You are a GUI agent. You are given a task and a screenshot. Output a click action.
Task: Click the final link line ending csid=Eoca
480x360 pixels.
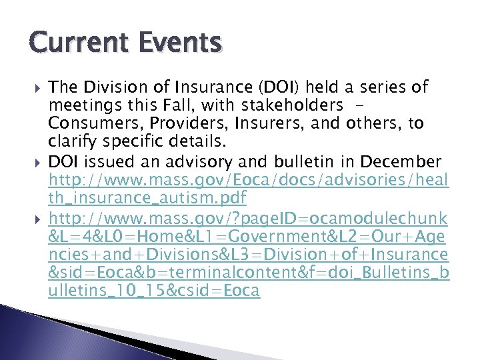pos(153,291)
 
